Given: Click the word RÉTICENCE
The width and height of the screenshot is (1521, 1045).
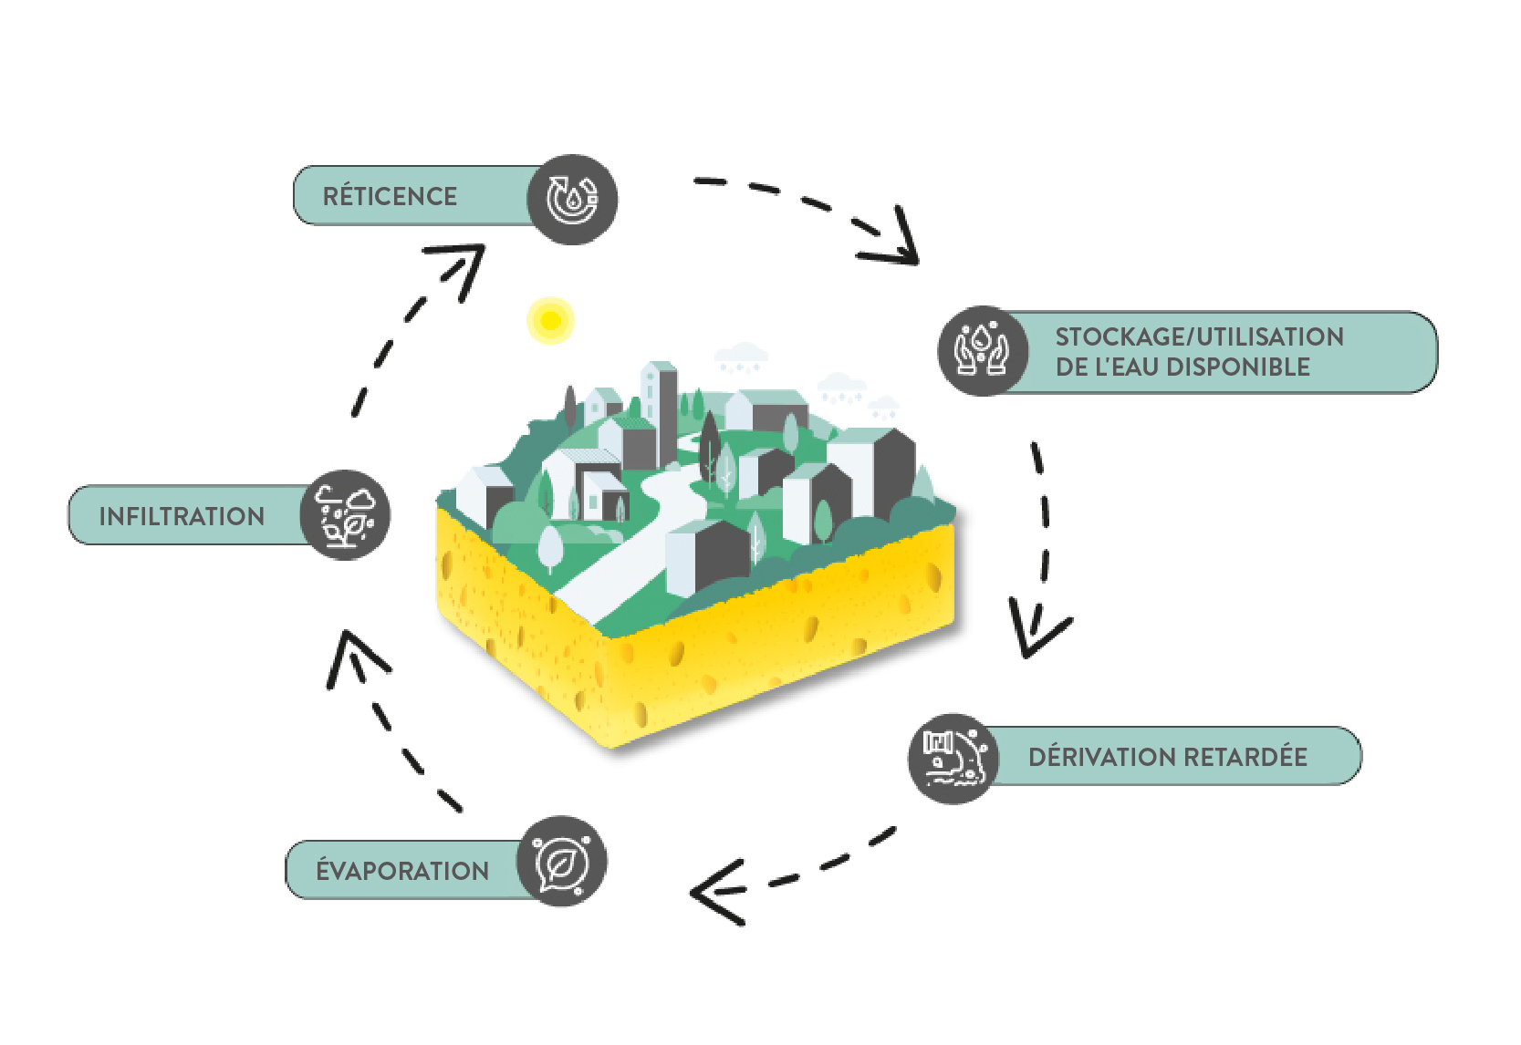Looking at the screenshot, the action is [390, 196].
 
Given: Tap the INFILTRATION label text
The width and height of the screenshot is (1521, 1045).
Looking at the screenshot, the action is [182, 516].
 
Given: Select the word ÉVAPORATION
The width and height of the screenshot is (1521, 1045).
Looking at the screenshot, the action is [402, 871].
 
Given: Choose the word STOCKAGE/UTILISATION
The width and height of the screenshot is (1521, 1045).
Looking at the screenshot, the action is [1199, 336].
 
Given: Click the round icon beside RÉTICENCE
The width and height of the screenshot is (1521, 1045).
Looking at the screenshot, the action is [572, 199].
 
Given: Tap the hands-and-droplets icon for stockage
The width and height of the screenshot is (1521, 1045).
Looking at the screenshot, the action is [983, 350].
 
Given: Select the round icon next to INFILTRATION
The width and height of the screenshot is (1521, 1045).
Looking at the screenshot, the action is [345, 515].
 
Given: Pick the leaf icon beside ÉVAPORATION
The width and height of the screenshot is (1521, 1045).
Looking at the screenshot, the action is [561, 861].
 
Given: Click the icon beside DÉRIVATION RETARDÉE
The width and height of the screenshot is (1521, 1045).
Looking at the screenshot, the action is [953, 758].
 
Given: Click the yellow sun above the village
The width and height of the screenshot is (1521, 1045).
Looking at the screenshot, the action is [550, 320].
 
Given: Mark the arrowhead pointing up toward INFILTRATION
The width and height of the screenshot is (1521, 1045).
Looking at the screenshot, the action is [353, 652].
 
